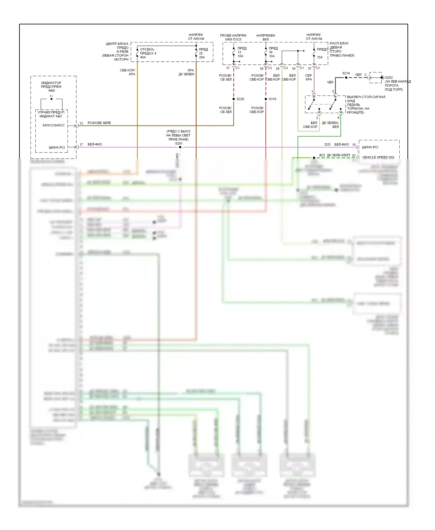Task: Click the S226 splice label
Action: pos(240,99)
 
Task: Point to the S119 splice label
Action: pos(272,99)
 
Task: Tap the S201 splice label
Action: pos(179,144)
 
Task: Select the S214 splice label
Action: pos(346,73)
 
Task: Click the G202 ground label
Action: pos(389,78)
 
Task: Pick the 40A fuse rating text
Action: pos(143,57)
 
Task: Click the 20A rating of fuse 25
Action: pos(202,57)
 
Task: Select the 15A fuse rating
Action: pos(320,57)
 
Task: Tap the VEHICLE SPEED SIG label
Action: pos(378,157)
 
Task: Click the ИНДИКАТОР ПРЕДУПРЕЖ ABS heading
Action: pos(51,87)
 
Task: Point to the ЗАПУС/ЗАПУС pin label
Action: pos(54,126)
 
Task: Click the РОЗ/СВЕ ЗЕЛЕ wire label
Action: pos(99,123)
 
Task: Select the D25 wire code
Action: pos(327,144)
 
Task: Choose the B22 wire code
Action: pos(322,155)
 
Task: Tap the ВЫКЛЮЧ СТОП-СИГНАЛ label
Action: pos(366,97)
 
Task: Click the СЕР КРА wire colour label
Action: pos(308,77)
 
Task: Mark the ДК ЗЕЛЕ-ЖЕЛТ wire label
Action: pos(338,155)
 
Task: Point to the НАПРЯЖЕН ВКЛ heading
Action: pos(266,37)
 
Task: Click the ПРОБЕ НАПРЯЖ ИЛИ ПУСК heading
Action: pos(233,37)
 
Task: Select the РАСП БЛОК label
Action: pos(339,43)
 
